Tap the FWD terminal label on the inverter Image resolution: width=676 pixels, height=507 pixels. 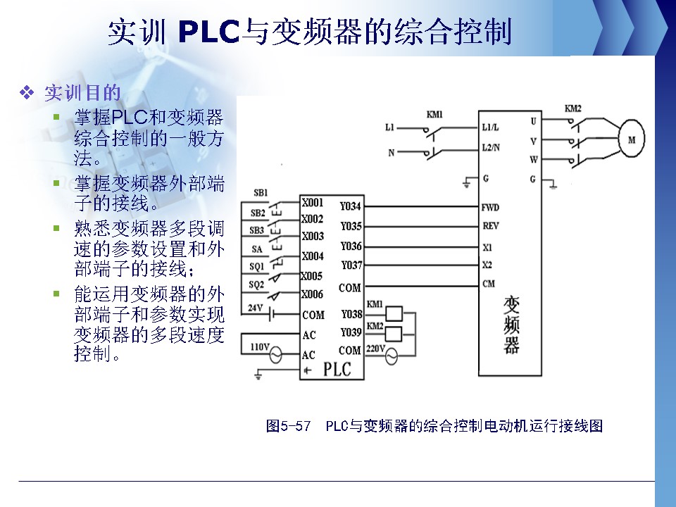tap(490, 208)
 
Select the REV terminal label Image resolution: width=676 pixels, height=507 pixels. tap(490, 226)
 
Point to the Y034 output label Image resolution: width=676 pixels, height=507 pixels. tap(351, 207)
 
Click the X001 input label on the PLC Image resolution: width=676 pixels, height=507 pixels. tap(312, 202)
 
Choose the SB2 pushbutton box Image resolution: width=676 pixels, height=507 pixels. tap(258, 213)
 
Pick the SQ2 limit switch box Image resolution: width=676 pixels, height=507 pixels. tap(256, 284)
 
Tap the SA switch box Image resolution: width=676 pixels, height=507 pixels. tap(256, 249)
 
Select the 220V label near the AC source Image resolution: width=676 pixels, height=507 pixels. tap(375, 349)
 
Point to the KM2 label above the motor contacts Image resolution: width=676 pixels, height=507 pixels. tap(573, 109)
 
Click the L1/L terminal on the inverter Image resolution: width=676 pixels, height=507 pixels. tap(492, 128)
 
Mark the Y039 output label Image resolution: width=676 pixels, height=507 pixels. tap(351, 332)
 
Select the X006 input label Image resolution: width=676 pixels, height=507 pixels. tap(312, 294)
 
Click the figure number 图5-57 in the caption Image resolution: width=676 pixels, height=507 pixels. tap(288, 426)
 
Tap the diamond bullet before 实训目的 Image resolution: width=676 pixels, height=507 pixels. tap(28, 92)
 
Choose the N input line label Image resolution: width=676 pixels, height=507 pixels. tap(392, 152)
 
